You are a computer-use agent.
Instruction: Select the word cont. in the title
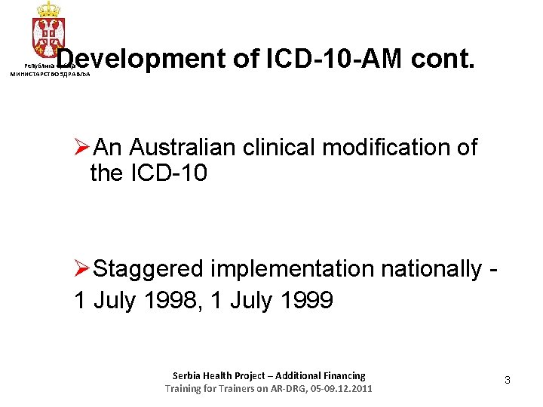pos(443,59)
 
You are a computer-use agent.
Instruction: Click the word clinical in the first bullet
pos(279,147)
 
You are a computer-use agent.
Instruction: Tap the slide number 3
pos(508,381)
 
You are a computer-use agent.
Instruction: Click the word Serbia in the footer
pos(188,375)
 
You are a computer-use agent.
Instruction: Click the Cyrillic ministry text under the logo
pos(49,75)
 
